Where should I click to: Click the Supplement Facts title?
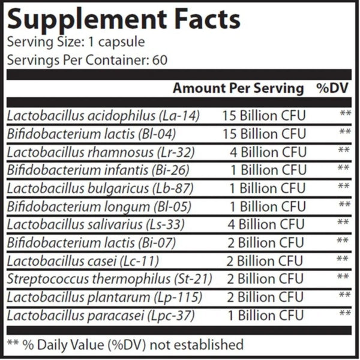124,20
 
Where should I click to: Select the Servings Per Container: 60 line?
87,60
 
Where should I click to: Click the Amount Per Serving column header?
238,88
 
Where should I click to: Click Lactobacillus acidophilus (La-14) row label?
103,115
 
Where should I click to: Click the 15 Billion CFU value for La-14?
264,115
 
